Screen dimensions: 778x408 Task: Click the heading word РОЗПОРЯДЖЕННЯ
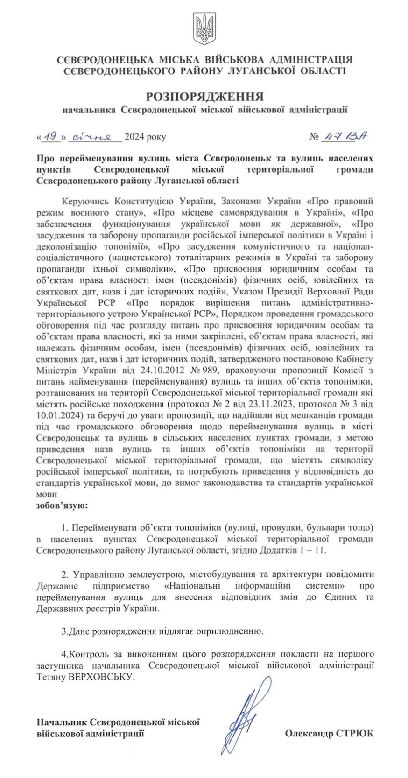(204, 97)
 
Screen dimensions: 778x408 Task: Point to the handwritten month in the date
(95, 137)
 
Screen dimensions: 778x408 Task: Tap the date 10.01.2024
(58, 414)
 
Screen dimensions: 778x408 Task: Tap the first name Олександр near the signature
(309, 733)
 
